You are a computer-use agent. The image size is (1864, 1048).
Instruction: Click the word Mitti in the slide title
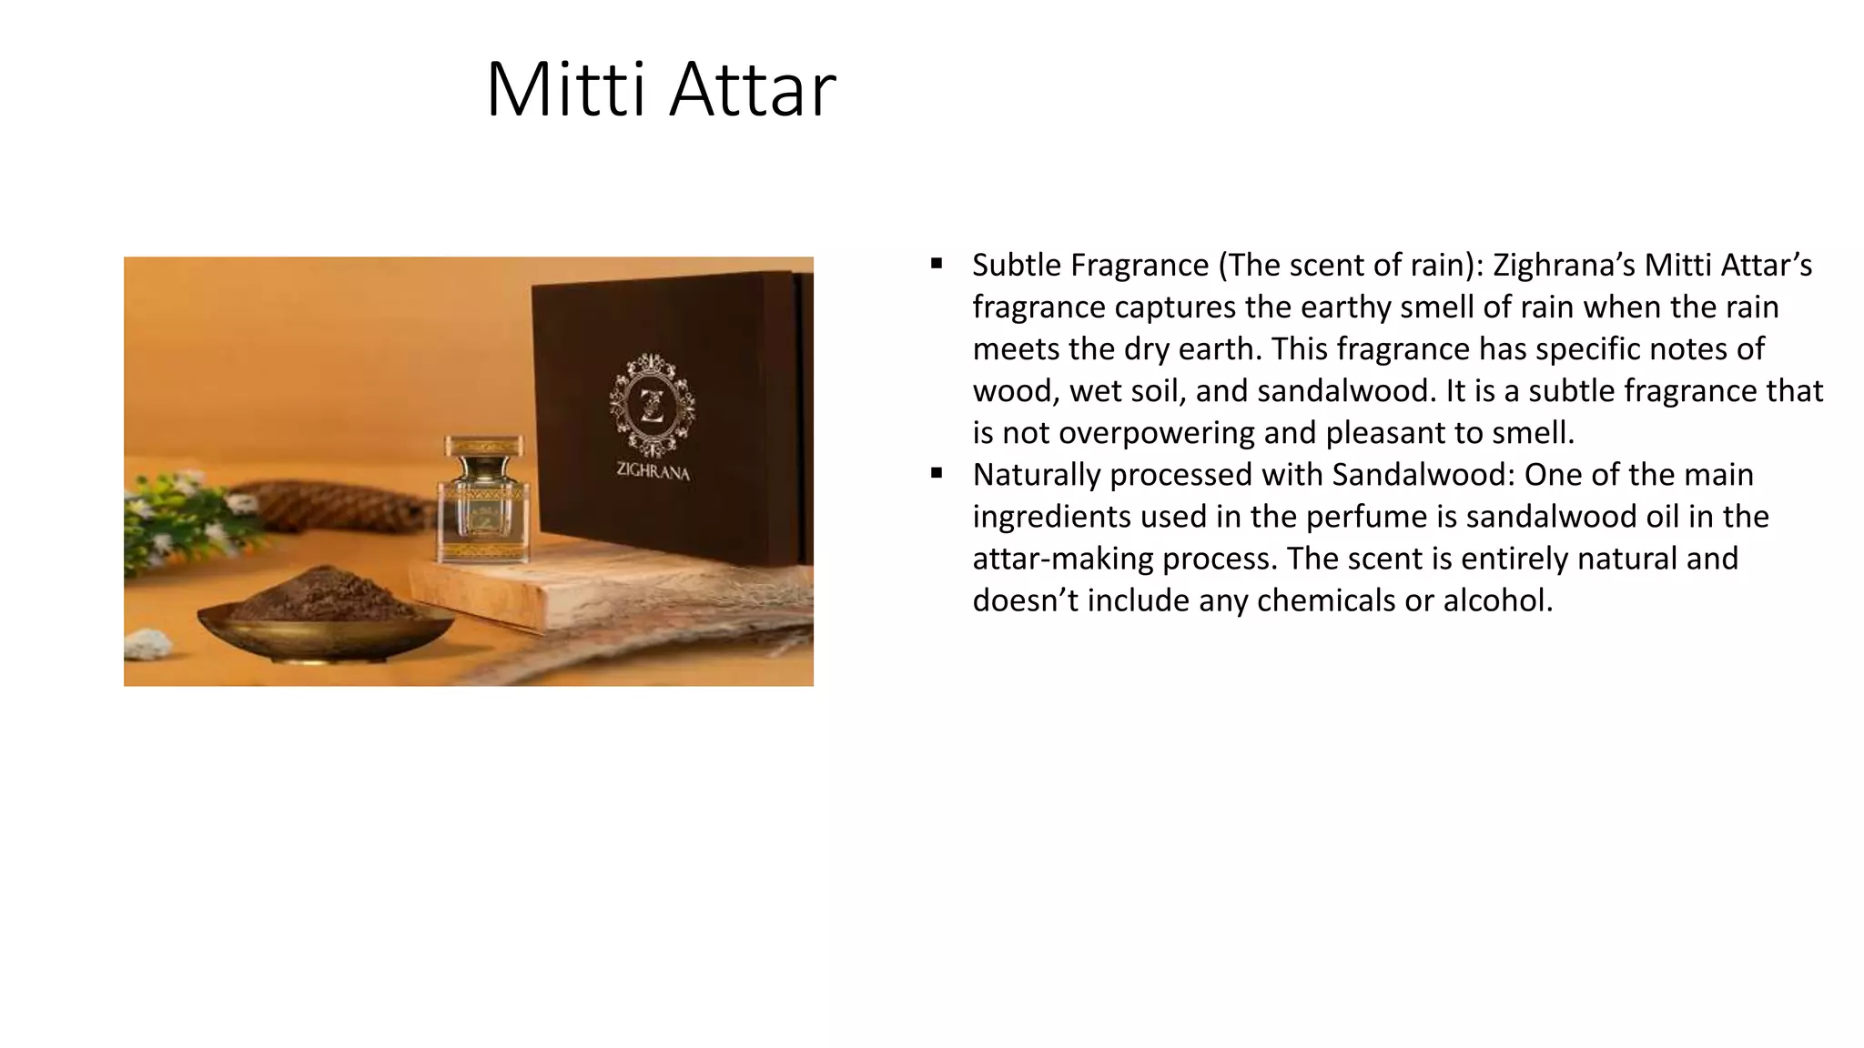point(568,89)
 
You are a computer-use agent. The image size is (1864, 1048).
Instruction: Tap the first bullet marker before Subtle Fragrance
point(937,265)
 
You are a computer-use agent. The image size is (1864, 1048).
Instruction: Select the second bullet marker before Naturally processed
point(937,473)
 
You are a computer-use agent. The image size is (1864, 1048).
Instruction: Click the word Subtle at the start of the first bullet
point(1017,265)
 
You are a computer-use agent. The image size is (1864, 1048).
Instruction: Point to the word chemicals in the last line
point(1322,600)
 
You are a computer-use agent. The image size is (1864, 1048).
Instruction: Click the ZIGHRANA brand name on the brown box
point(653,471)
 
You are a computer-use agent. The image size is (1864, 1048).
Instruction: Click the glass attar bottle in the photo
point(483,500)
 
